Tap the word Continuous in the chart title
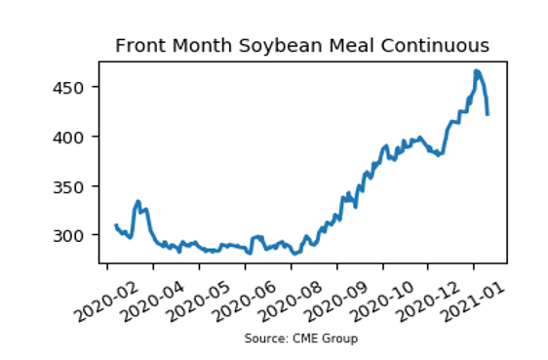point(435,46)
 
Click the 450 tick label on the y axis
point(68,88)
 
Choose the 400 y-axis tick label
point(68,137)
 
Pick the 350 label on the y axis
point(68,186)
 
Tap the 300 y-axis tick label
point(68,236)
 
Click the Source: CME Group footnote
point(301,339)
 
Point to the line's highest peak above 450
point(476,71)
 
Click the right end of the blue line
point(488,114)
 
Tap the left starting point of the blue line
point(116,225)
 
